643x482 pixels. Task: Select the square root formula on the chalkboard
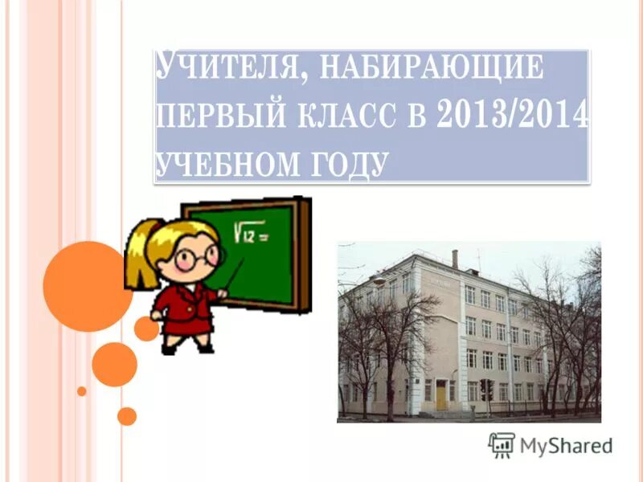[x=251, y=234]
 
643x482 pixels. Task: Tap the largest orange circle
[x=86, y=286]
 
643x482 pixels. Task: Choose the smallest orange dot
[x=81, y=391]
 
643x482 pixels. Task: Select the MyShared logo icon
[x=502, y=444]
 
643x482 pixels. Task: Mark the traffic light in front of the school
[x=485, y=388]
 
